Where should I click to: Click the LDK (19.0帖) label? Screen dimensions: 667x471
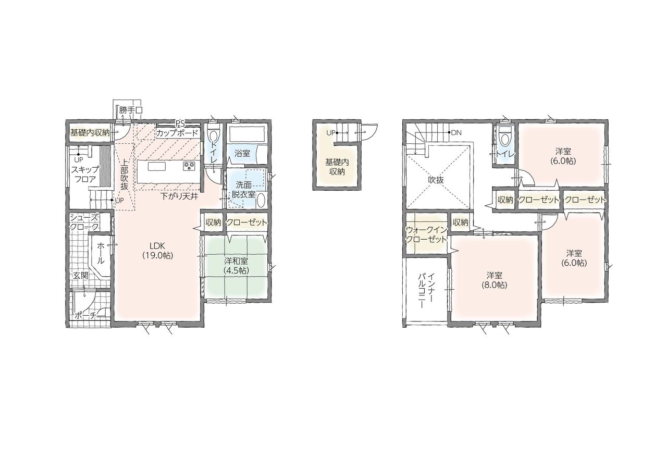[x=157, y=251]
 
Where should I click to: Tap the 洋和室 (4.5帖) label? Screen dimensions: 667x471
[x=236, y=266]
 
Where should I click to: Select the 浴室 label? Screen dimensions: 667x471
[x=242, y=154]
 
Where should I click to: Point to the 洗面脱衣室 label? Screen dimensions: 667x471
[x=243, y=189]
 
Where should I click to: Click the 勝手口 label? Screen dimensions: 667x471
[x=131, y=110]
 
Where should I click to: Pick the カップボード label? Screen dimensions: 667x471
[x=177, y=133]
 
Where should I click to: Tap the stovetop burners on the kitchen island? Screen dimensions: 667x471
[x=189, y=166]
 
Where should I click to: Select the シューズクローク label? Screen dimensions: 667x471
[x=84, y=222]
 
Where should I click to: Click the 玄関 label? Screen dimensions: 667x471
[x=80, y=276]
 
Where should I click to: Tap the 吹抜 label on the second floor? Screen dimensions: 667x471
[x=436, y=180]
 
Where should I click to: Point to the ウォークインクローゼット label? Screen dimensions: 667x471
[x=427, y=235]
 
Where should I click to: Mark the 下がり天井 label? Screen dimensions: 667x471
[x=179, y=196]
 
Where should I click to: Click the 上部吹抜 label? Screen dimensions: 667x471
[x=125, y=173]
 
